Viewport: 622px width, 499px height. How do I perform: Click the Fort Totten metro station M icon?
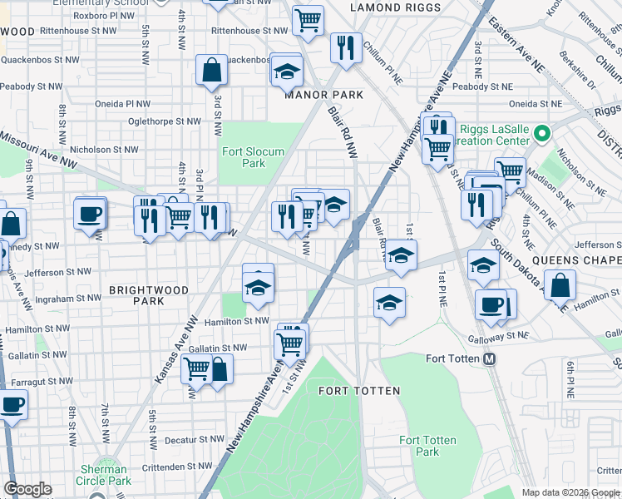click(x=490, y=359)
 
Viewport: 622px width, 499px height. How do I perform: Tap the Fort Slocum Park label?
click(x=254, y=157)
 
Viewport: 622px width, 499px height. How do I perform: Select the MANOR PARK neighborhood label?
click(x=323, y=95)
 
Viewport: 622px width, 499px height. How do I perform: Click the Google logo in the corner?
click(x=27, y=489)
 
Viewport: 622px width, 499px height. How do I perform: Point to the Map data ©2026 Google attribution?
click(x=570, y=492)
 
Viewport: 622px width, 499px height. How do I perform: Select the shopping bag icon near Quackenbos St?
click(x=212, y=71)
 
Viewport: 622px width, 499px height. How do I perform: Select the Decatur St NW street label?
click(x=193, y=439)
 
